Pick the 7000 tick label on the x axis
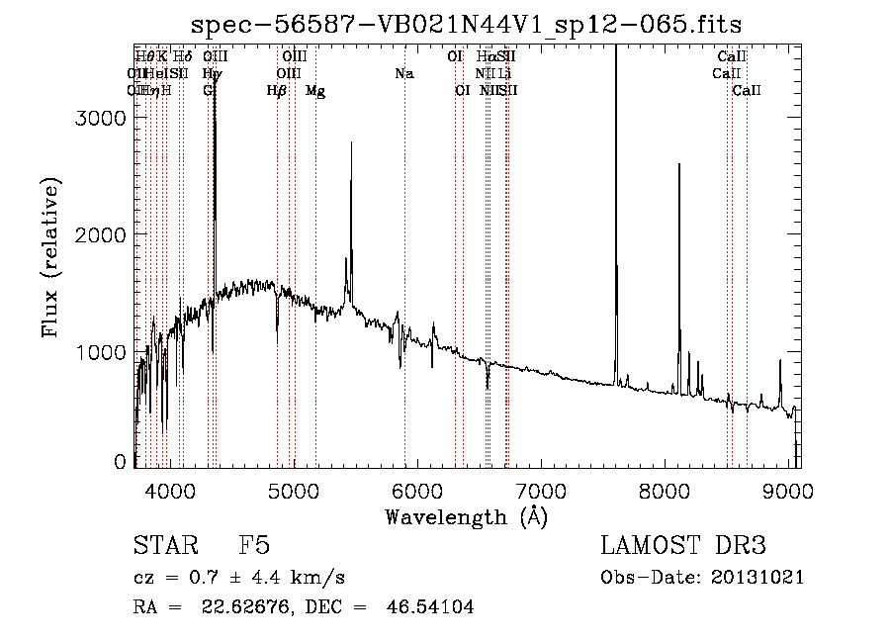[541, 490]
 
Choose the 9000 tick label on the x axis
[788, 490]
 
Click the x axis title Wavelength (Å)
[466, 516]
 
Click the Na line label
[403, 73]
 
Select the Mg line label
[315, 91]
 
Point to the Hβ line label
[277, 91]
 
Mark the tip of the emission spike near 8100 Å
[679, 165]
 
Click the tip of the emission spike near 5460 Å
[351, 142]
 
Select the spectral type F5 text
[255, 547]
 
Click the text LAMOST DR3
[683, 547]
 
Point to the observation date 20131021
[762, 578]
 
